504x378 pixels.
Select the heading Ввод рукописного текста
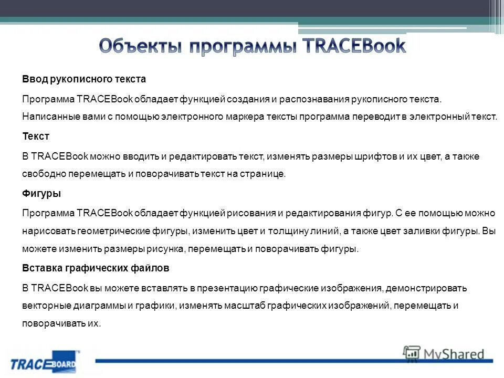84,79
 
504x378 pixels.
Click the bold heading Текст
36,136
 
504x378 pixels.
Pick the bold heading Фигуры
41,194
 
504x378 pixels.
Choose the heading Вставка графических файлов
96,268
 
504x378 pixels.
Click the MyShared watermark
444,354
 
